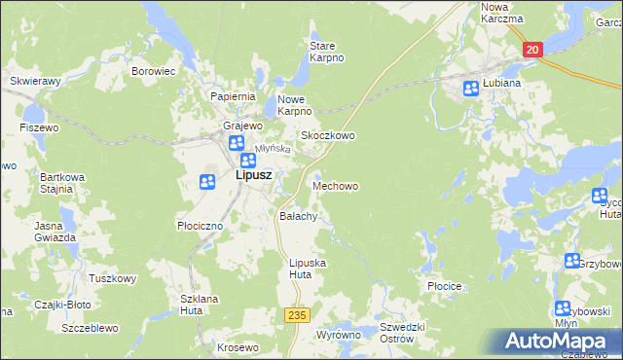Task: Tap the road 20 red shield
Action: click(532, 50)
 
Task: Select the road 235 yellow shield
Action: click(297, 315)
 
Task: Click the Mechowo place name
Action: click(335, 185)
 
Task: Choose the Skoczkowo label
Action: click(327, 135)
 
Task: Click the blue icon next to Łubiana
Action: click(471, 89)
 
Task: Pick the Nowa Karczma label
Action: click(502, 13)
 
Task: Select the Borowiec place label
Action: click(153, 71)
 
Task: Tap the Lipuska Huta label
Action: click(308, 269)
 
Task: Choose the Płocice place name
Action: click(444, 287)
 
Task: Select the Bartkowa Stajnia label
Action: click(56, 183)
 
